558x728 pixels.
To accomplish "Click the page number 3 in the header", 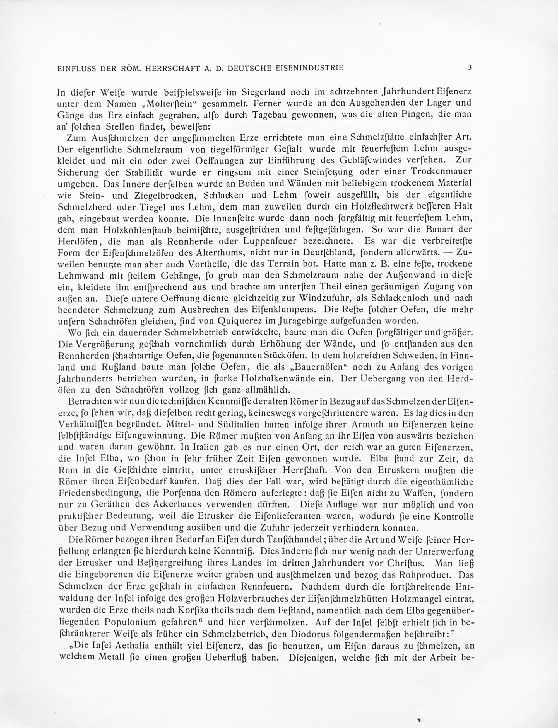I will pyautogui.click(x=470, y=67).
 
